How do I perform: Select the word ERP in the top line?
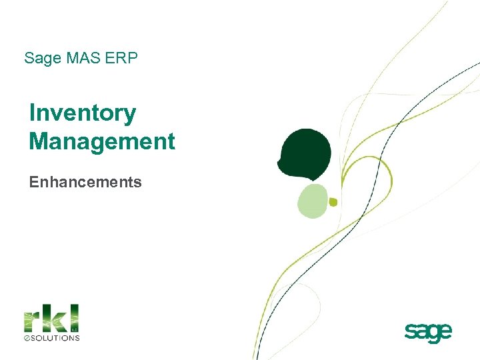point(122,59)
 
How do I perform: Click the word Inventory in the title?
point(83,114)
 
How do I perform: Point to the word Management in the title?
point(102,141)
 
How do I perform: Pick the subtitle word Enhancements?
point(85,182)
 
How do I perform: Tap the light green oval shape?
point(313,201)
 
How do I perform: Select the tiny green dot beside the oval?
point(333,202)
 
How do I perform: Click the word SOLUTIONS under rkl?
point(56,337)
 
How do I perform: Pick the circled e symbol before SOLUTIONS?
point(27,337)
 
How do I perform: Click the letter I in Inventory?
point(32,113)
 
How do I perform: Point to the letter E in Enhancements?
point(33,182)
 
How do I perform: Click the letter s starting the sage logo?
point(410,331)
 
